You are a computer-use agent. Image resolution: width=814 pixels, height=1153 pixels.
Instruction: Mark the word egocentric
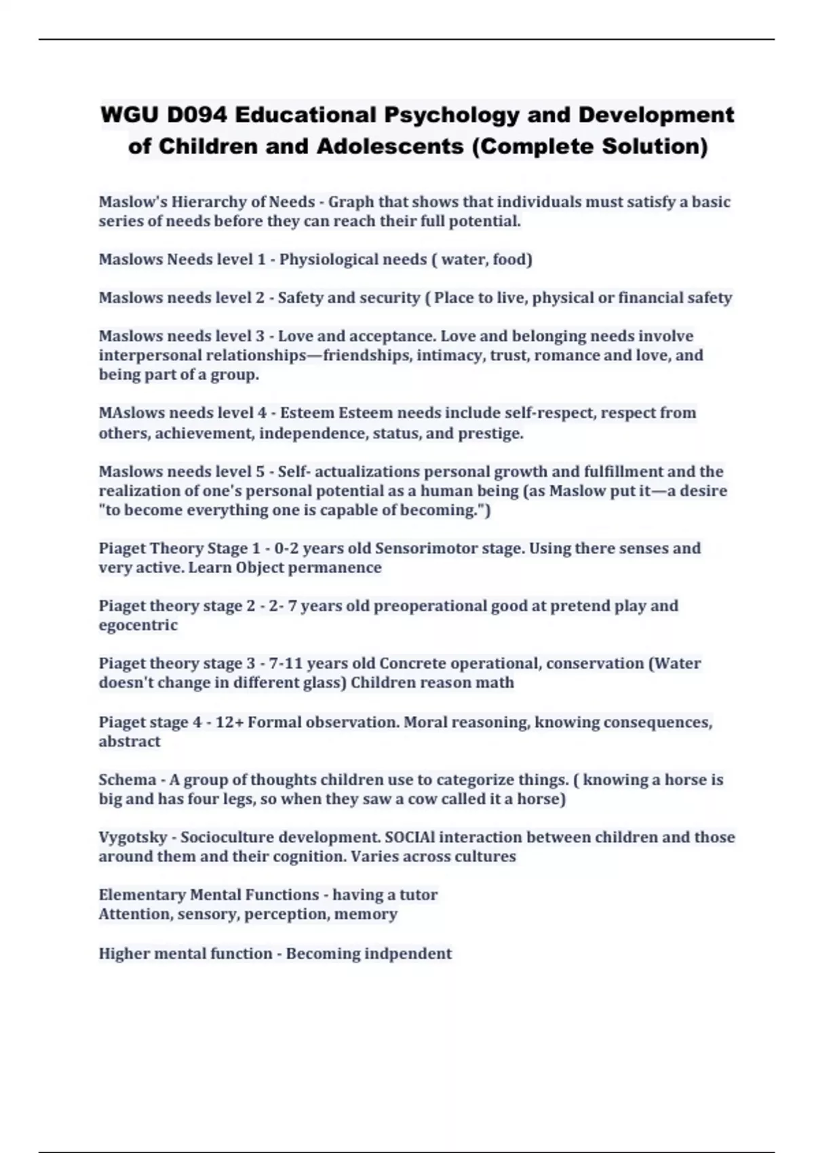(138, 625)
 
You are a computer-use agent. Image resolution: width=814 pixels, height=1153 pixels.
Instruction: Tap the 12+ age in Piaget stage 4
(229, 722)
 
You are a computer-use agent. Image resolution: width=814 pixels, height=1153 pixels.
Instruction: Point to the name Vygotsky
(132, 838)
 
